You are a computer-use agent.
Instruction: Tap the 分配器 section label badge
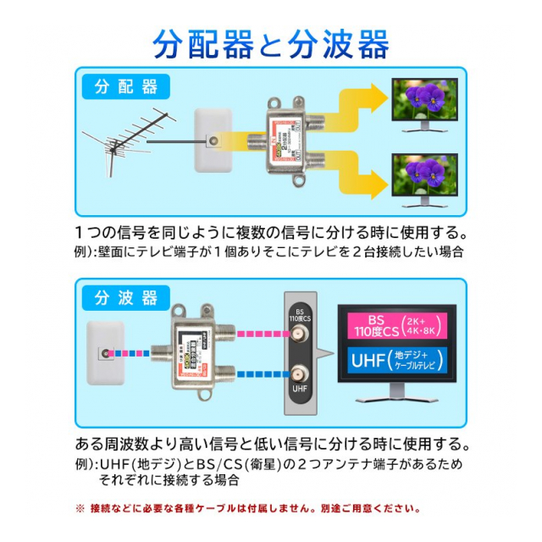(126, 87)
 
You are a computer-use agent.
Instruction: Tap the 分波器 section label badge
(126, 298)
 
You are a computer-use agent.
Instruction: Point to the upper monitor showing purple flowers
(423, 107)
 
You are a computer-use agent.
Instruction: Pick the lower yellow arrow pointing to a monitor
(356, 174)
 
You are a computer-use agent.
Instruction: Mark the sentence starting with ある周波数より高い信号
(271, 444)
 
